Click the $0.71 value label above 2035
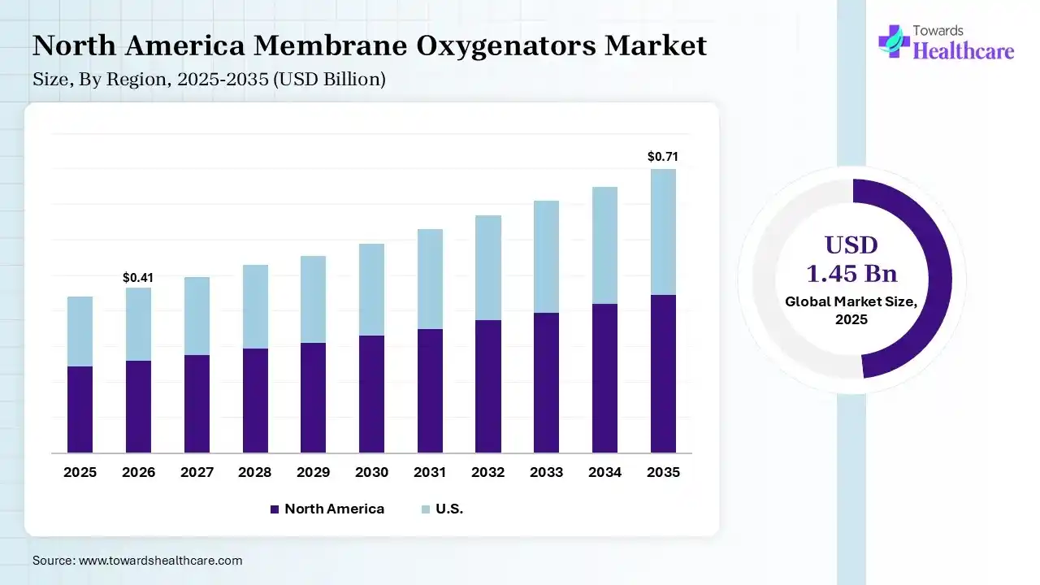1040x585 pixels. pos(662,157)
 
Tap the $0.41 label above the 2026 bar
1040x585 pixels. pos(138,278)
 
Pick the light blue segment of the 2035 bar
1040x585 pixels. pos(662,232)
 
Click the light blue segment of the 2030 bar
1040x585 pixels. pos(371,289)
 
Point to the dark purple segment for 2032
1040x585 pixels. pos(487,386)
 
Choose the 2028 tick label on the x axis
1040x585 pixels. pos(254,472)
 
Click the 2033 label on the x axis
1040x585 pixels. pos(546,472)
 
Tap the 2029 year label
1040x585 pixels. pos(313,472)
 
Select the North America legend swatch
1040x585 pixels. pos(274,509)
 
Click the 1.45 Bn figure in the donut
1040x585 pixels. pos(851,273)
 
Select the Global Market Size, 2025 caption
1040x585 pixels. pos(851,310)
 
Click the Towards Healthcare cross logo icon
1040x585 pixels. pos(894,41)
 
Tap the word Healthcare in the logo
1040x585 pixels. pos(964,51)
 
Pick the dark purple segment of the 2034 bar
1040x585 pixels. pos(604,378)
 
